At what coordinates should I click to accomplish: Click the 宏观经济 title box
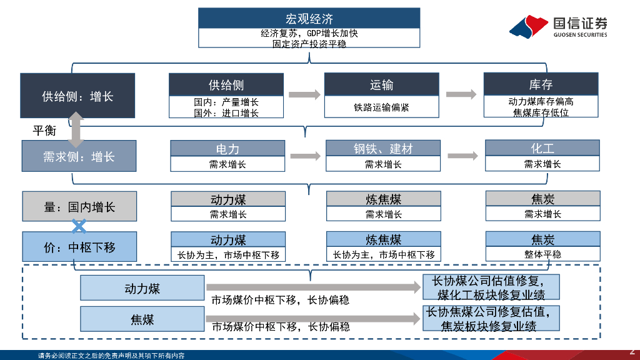pos(309,18)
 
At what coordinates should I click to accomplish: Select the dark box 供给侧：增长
pos(77,96)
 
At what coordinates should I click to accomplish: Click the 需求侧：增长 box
pos(79,156)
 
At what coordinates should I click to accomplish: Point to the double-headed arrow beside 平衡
pos(76,129)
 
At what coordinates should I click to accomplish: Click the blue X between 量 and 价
pos(79,226)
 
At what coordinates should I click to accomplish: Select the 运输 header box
pos(381,84)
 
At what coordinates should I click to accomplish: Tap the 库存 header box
pos(541,84)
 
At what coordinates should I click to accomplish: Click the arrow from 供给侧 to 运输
pos(304,94)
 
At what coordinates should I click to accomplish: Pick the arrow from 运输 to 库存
pos(461,94)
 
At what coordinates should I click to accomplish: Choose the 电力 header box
pos(227,149)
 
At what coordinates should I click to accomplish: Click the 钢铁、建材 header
pos(382,149)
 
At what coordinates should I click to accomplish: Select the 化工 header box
pos(542,148)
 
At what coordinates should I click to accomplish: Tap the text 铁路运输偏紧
pos(381,107)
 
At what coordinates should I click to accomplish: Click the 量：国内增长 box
pos(79,207)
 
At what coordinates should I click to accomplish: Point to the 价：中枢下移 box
pos(79,247)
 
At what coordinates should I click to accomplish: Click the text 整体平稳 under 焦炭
pos(542,254)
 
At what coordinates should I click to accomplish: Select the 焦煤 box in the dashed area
pos(142,319)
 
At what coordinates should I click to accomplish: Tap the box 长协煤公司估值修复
pos(491,287)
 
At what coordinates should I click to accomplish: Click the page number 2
pos(631,352)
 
